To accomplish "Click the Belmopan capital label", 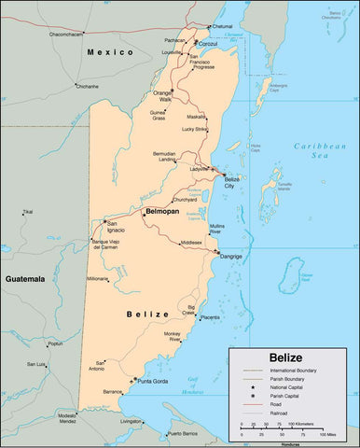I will coord(160,213).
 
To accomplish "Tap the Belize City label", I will coord(232,182).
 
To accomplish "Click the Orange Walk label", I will coord(163,96).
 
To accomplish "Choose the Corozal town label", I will coord(208,44).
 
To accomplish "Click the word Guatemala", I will coord(26,279).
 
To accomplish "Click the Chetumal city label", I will coord(222,26).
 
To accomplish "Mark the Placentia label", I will coord(211,317).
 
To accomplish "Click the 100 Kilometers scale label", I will coord(307,424).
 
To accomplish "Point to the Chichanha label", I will coord(87,86).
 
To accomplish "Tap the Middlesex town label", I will coord(190,243).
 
